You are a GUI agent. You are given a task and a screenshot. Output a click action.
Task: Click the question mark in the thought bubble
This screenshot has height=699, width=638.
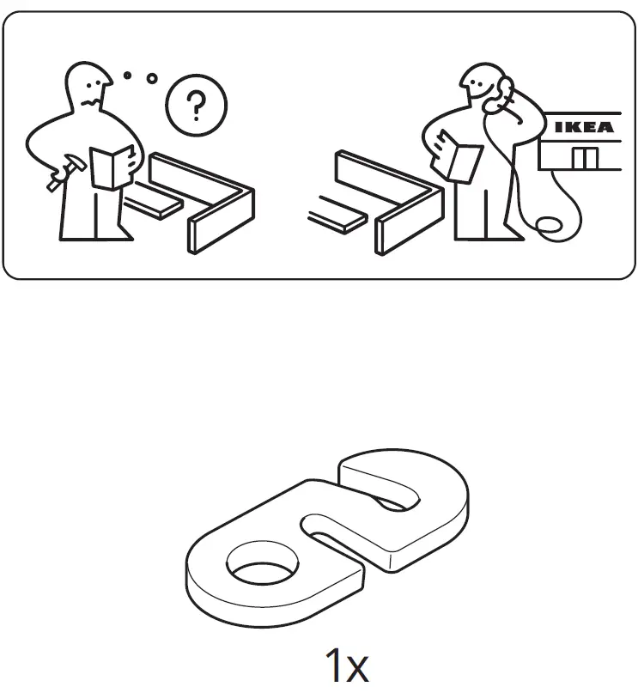196,106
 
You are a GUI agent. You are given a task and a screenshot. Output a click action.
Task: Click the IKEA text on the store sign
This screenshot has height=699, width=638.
584,128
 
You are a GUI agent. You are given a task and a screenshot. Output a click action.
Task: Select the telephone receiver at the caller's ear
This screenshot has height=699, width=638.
501,92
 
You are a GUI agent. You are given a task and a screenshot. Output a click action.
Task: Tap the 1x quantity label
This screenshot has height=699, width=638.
347,666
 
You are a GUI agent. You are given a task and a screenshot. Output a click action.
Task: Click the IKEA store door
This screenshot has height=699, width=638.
586,158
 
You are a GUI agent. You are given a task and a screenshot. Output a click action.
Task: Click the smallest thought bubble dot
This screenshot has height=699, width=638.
127,76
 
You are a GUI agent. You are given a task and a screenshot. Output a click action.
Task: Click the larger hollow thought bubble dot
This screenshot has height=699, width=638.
152,78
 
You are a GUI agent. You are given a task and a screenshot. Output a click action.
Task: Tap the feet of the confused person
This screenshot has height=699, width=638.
95,234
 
